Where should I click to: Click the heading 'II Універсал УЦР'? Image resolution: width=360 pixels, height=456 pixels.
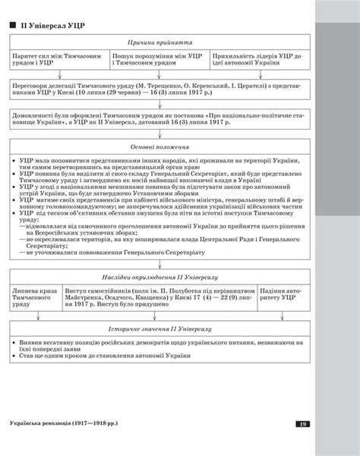(x=52, y=27)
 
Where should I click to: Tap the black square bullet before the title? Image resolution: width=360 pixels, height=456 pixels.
(x=13, y=27)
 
